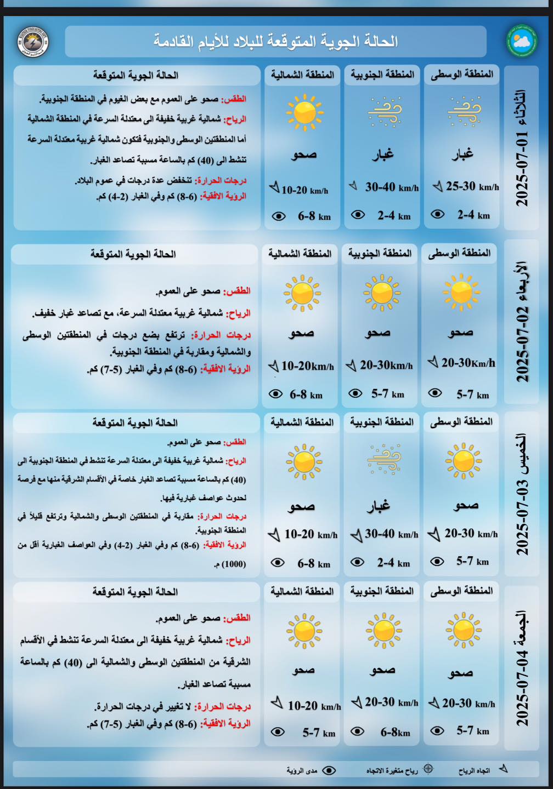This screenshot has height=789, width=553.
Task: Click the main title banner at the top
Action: click(x=275, y=41)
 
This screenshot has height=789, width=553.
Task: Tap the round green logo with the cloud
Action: click(x=521, y=41)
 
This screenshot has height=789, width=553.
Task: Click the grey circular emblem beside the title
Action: click(x=33, y=42)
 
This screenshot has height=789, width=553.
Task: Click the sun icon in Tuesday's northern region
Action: click(x=304, y=112)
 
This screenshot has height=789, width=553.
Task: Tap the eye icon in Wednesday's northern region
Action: click(x=275, y=394)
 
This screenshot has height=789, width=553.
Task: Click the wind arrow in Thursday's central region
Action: click(x=433, y=534)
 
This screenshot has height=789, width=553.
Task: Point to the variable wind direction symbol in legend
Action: click(x=428, y=769)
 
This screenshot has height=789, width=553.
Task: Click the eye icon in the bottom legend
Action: click(x=329, y=770)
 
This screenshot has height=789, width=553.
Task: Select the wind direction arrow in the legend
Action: click(x=503, y=769)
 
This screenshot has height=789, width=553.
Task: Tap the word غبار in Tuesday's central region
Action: click(x=462, y=155)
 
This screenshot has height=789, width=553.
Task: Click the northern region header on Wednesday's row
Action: click(x=300, y=253)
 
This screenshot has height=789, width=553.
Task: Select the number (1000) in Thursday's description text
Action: click(x=234, y=564)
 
